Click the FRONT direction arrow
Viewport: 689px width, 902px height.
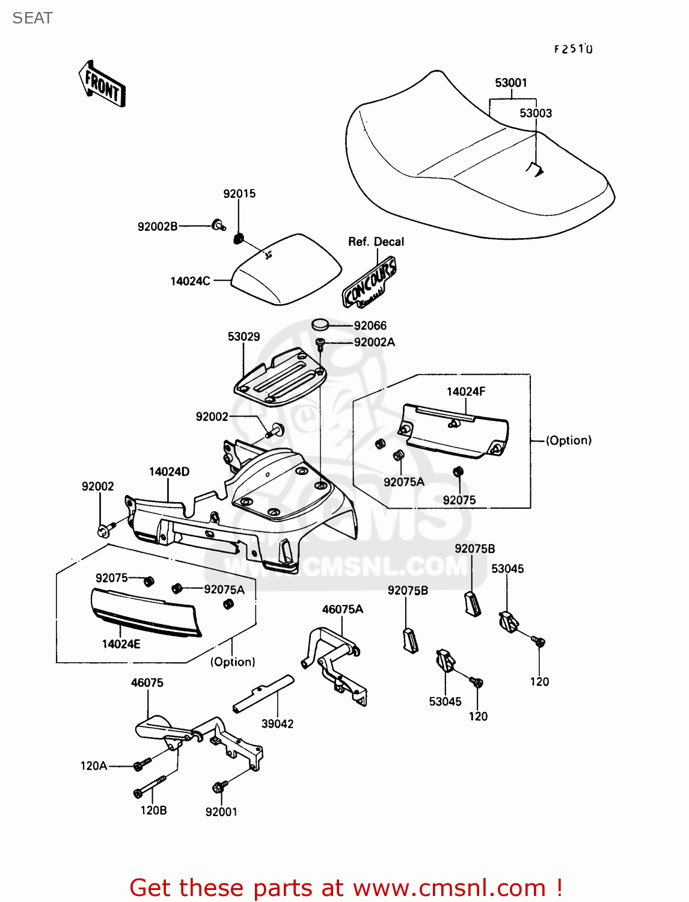(x=102, y=84)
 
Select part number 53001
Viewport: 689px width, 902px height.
(x=511, y=82)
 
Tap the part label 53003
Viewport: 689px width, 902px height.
(x=536, y=113)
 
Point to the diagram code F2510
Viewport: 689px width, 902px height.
(x=573, y=49)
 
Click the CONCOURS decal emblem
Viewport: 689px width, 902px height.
(x=370, y=282)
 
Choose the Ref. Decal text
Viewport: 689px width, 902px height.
(x=376, y=242)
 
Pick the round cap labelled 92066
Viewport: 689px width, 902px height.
(x=321, y=325)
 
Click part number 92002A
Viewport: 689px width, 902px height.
(x=374, y=342)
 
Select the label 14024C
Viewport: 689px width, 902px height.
(x=190, y=281)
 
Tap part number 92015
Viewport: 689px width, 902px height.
(x=239, y=194)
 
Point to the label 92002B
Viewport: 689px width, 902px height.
(x=158, y=227)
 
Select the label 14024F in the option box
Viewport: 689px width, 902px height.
(x=466, y=391)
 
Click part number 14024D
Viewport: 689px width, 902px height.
(x=169, y=471)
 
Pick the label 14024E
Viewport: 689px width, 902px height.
(x=121, y=644)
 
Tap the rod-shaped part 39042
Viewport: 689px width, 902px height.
(x=263, y=693)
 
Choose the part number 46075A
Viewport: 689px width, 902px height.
(x=343, y=609)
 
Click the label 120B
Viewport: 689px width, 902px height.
(x=153, y=810)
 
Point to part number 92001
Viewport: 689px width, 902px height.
(x=221, y=812)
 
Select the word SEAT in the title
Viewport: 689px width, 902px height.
(x=32, y=18)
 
